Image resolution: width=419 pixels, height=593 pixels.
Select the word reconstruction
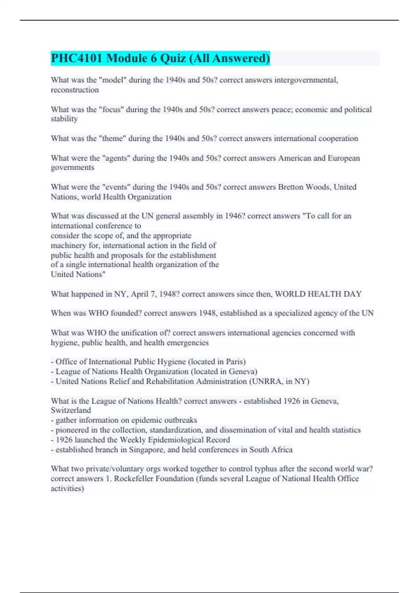pos(75,90)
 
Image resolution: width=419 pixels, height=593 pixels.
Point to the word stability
pos(64,119)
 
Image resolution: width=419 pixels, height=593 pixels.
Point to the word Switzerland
pos(71,411)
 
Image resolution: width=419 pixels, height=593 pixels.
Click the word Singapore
pos(146,450)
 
